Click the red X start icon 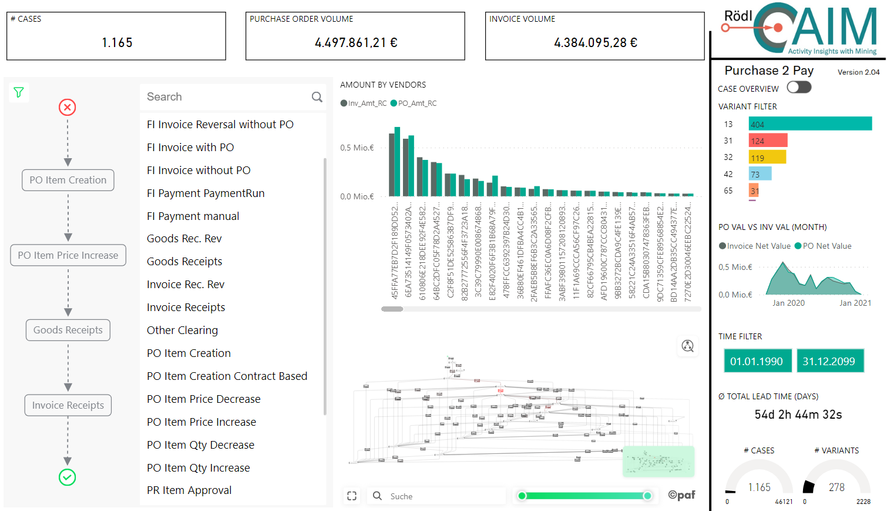[x=68, y=107]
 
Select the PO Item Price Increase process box [x=68, y=255]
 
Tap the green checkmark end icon [x=68, y=477]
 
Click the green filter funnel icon [x=19, y=92]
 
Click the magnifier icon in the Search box [x=317, y=97]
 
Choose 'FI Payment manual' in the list [x=193, y=216]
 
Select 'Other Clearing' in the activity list [x=182, y=330]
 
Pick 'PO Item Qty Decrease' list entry [x=200, y=445]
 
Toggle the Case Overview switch [x=799, y=88]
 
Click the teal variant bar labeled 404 [x=810, y=124]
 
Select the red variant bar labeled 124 [x=768, y=141]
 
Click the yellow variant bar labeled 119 [x=767, y=158]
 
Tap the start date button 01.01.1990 [x=757, y=361]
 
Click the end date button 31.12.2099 [x=829, y=361]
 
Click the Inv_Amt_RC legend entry [x=364, y=103]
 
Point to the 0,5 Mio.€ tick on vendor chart [x=357, y=148]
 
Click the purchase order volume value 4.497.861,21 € [x=355, y=43]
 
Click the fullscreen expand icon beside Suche [x=352, y=496]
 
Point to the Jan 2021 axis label [x=855, y=303]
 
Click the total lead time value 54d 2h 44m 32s [x=798, y=415]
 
